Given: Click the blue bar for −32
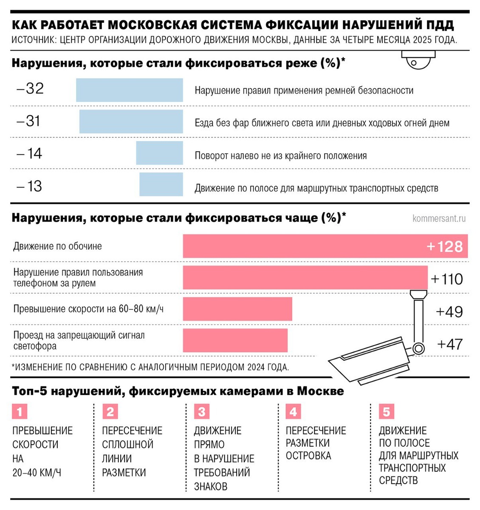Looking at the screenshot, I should tap(130, 90).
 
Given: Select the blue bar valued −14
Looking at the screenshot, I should tap(159, 153).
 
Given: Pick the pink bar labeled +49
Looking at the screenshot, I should tap(237, 309).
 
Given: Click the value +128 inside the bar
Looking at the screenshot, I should tap(444, 246).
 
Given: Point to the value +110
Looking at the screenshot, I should tap(447, 279).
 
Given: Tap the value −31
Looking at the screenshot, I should tap(28, 121).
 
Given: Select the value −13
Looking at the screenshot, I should tap(29, 186).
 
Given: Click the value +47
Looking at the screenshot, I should tap(450, 344).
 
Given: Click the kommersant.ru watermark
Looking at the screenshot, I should tap(439, 218).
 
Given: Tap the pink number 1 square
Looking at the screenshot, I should tap(20, 412).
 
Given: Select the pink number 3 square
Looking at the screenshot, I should tap(201, 412).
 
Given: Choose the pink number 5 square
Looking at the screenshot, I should tap(386, 412).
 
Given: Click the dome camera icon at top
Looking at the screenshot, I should tap(418, 60).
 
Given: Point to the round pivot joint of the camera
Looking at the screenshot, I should tap(419, 349).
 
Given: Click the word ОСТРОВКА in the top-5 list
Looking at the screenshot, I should tap(308, 456).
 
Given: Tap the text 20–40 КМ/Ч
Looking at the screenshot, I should tap(37, 473).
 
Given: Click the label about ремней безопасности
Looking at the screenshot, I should tap(304, 91).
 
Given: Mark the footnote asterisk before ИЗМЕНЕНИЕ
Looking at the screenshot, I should tap(13, 366).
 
